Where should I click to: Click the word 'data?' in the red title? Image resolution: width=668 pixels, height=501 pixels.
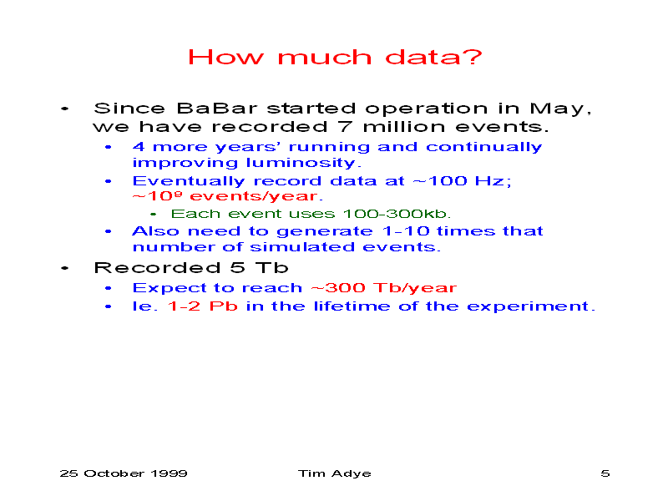(433, 57)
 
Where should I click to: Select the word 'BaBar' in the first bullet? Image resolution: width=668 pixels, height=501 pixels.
(217, 109)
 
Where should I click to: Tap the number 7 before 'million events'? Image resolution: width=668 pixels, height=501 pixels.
(345, 127)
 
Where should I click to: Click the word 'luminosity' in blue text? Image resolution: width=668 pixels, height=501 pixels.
(301, 163)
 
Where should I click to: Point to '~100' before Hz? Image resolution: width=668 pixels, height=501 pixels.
(440, 180)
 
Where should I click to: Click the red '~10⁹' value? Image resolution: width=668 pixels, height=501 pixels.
(158, 196)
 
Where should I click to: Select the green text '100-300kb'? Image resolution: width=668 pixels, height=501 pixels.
(395, 214)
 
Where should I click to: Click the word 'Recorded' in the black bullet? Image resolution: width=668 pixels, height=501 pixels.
(157, 267)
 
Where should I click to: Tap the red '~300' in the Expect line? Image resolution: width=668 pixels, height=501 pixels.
(338, 287)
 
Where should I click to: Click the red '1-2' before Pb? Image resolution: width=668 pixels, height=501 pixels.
(184, 306)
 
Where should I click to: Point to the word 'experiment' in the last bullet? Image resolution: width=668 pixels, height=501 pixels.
(528, 306)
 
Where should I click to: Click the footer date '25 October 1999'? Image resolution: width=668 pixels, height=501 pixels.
(124, 473)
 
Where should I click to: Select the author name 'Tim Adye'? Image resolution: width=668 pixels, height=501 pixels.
(335, 473)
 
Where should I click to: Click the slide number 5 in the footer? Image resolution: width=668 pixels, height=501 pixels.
(605, 473)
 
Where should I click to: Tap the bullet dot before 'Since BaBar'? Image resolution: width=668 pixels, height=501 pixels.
(65, 109)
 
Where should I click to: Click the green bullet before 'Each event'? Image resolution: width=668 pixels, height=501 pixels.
(154, 215)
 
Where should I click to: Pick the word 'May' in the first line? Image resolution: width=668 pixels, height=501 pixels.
(558, 109)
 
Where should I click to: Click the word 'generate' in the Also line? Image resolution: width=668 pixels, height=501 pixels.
(325, 231)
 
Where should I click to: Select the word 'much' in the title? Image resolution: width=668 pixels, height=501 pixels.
(325, 57)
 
